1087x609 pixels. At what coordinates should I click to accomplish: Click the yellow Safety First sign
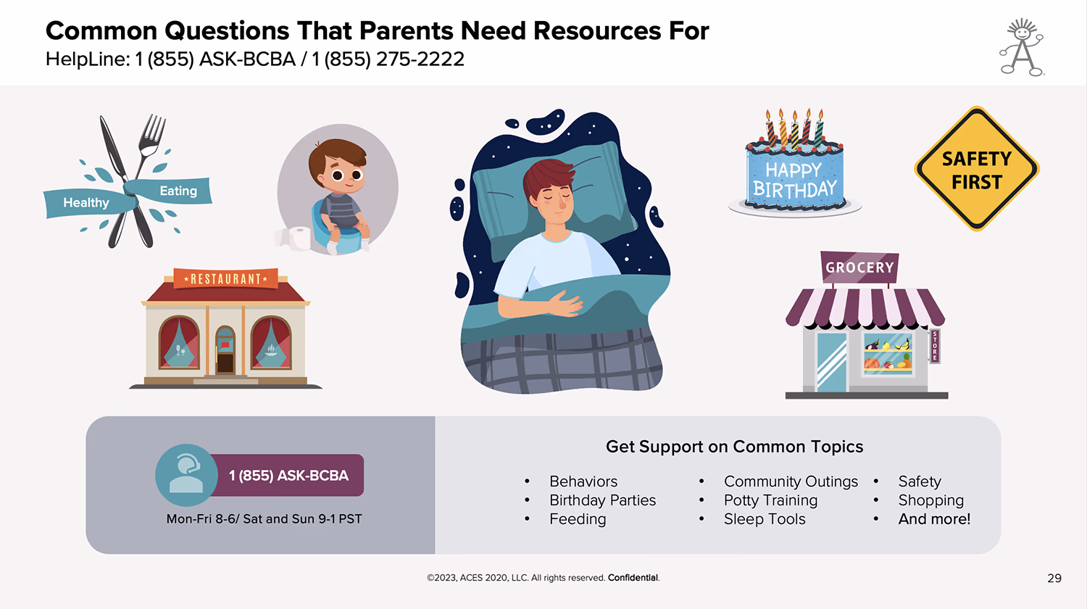coord(976,168)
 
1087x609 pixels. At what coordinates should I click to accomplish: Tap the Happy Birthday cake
coord(795,165)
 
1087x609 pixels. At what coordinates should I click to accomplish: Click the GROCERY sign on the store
coord(859,267)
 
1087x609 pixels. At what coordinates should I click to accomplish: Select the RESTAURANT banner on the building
coord(225,278)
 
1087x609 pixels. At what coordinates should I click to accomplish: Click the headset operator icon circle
coord(186,475)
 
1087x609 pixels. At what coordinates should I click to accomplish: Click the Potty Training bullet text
coord(770,500)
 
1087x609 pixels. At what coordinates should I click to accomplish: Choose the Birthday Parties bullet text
coord(602,500)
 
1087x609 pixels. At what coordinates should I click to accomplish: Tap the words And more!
coord(934,518)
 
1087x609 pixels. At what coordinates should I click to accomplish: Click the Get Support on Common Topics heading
coord(734,447)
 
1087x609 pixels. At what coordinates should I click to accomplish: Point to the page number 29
coord(1054,578)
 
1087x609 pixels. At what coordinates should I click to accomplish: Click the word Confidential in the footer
coord(633,577)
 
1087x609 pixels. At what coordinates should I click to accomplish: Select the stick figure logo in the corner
coord(1022,47)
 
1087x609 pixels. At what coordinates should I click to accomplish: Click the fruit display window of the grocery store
coord(888,354)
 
